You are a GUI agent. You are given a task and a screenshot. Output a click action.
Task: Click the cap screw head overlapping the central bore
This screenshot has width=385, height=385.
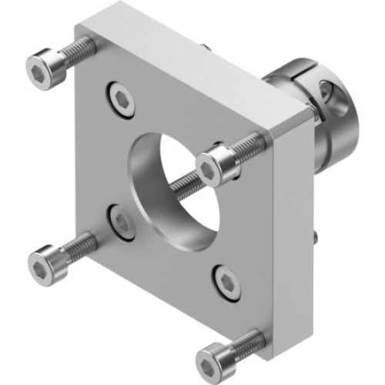tap(213, 168)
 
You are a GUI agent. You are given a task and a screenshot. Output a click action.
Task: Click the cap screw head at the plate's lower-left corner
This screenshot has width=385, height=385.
tap(43, 266)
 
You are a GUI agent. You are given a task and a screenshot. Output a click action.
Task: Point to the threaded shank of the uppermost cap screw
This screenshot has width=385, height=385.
tap(79, 52)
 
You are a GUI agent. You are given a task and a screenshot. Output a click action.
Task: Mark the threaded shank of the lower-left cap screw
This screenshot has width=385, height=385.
tap(77, 247)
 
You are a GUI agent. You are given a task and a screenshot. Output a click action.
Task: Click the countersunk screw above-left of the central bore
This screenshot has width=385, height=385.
tap(122, 100)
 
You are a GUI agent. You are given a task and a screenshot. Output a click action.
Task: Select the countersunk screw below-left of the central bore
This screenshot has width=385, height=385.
tap(122, 221)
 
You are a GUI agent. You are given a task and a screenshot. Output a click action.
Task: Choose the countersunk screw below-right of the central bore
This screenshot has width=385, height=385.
tap(227, 283)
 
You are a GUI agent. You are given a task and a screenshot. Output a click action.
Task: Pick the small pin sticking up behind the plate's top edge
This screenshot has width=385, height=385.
tap(206, 47)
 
